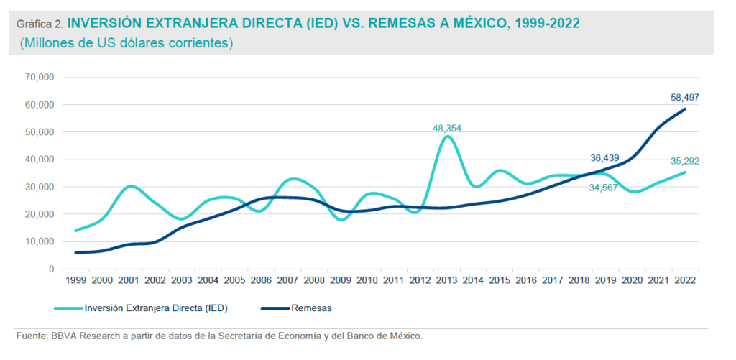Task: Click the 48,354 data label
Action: tap(446, 129)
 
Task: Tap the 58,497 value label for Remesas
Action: tap(685, 97)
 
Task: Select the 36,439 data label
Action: tap(604, 158)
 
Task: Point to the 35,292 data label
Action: tap(685, 161)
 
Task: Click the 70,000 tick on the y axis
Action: tap(40, 77)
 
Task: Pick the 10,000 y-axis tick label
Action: tap(40, 241)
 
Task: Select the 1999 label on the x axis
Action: tap(75, 280)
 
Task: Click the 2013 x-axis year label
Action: tap(446, 280)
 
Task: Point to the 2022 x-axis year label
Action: tap(685, 280)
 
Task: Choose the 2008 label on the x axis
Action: tap(314, 280)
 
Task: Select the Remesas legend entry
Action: tap(311, 308)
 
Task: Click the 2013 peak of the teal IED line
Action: tap(447, 137)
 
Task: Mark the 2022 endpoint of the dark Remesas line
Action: tap(685, 109)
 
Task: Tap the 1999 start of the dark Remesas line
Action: tap(75, 252)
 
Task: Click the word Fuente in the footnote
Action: tap(30, 336)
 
